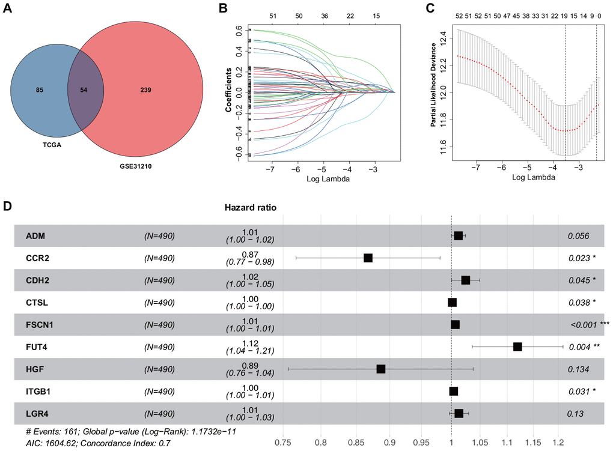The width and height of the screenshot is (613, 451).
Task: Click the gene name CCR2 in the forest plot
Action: point(37,258)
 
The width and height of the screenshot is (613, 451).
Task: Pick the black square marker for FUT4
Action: point(517,347)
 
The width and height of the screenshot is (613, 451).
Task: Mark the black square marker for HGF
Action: point(381,369)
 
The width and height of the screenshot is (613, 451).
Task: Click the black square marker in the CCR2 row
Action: point(368,258)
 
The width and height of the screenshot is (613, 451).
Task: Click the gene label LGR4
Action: point(37,413)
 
